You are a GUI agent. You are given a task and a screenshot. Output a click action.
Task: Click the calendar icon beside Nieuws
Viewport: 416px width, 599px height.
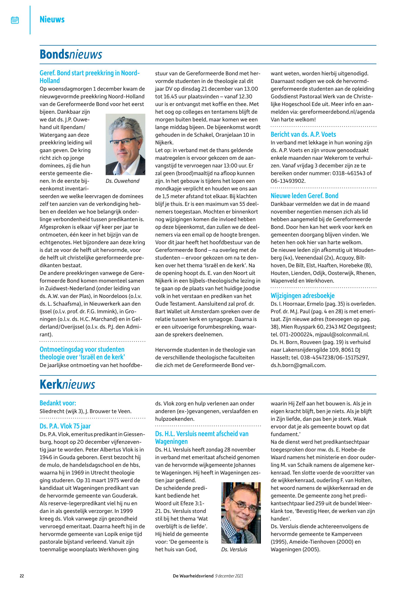(x=15, y=20)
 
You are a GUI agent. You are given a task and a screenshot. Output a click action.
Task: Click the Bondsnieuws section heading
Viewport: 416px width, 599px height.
(x=71, y=55)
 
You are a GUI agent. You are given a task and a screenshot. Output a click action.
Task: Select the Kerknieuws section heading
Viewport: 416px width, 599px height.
(x=67, y=384)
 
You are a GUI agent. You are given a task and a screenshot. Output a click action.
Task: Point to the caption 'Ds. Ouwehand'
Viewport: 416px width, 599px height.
(x=122, y=181)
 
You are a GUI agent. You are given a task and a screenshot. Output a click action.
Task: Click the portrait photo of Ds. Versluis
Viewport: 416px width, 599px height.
(x=241, y=513)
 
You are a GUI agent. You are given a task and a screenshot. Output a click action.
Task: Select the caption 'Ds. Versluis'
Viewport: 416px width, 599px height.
(x=234, y=549)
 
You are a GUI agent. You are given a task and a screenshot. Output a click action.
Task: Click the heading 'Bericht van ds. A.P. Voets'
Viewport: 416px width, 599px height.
(x=303, y=134)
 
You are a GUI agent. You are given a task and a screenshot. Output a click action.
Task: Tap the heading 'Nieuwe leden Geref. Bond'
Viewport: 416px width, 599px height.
(x=304, y=196)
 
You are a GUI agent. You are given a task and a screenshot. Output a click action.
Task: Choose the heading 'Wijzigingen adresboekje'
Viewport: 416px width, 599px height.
(x=302, y=296)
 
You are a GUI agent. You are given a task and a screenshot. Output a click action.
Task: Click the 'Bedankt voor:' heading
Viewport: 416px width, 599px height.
(x=58, y=403)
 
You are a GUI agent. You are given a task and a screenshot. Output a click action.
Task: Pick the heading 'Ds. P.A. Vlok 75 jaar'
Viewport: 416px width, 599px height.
(x=65, y=426)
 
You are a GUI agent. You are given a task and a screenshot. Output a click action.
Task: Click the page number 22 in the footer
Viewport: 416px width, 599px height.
(x=22, y=576)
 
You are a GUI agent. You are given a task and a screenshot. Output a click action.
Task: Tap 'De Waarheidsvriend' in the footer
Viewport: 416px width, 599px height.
(x=193, y=576)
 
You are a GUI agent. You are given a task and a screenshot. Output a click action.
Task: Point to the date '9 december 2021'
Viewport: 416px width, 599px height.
(x=229, y=576)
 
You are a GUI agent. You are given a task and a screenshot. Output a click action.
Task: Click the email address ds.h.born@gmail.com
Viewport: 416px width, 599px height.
(x=298, y=365)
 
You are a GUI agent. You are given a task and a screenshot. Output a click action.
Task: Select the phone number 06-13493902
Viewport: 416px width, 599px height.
(x=288, y=181)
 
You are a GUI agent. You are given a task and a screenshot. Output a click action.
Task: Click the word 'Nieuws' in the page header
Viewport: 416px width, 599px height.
(x=52, y=20)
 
